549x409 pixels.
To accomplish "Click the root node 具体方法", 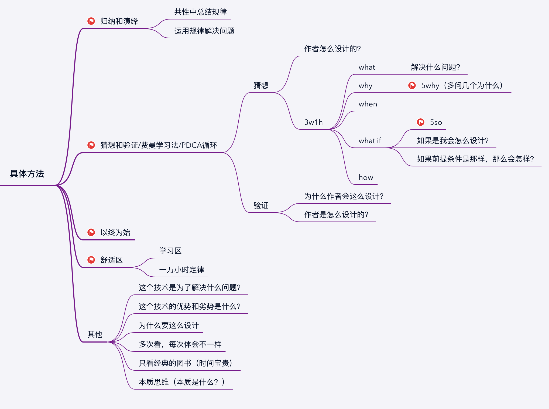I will [x=27, y=174].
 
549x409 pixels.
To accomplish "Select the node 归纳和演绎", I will [x=119, y=21].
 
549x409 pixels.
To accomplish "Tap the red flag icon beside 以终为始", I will [x=91, y=232].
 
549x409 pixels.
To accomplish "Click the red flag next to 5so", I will [x=420, y=122].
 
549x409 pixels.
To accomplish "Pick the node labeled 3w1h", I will [x=313, y=122].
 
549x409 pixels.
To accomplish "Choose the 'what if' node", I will [x=370, y=141].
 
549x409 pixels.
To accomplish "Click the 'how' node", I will [x=366, y=177].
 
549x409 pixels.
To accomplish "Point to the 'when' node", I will [x=368, y=104].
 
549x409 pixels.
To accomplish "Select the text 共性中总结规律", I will [x=200, y=12].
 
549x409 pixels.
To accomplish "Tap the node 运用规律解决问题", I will [x=204, y=31].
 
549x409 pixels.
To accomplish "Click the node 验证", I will [x=261, y=205].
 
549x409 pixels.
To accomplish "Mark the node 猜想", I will [x=261, y=85].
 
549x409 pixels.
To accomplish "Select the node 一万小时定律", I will [x=181, y=270].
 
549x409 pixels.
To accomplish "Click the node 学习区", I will [x=170, y=251].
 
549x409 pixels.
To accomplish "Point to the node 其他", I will [x=95, y=334].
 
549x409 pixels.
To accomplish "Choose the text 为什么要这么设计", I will [x=169, y=325].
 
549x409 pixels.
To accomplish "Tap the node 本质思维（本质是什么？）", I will [x=181, y=382].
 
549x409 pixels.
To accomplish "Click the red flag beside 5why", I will [x=412, y=85].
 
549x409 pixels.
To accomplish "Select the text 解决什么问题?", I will [x=435, y=67].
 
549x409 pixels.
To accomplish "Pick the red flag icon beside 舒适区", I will [x=91, y=260].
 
